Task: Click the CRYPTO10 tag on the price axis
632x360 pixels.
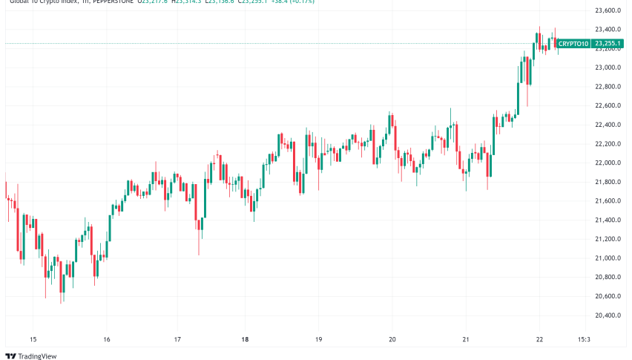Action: pyautogui.click(x=573, y=44)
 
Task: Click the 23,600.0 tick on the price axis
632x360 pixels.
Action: pyautogui.click(x=608, y=11)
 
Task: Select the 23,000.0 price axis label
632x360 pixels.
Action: pyautogui.click(x=608, y=68)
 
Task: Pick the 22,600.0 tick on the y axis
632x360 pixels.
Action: pyautogui.click(x=608, y=106)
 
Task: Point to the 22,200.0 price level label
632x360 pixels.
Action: pyautogui.click(x=608, y=144)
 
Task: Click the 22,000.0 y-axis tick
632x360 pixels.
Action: pyautogui.click(x=608, y=163)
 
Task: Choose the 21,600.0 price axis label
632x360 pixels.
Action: pyautogui.click(x=608, y=201)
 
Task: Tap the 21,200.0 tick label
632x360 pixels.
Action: pyautogui.click(x=608, y=239)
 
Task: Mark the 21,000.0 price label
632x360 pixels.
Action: pyautogui.click(x=608, y=258)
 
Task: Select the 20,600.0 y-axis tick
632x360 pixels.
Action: pyautogui.click(x=608, y=296)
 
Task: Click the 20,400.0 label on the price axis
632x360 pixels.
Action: pyautogui.click(x=608, y=315)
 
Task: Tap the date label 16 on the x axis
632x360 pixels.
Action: pyautogui.click(x=107, y=339)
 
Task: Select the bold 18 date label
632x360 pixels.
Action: pyautogui.click(x=245, y=339)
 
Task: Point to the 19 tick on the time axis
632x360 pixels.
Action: pyautogui.click(x=318, y=339)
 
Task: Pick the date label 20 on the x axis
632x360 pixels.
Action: pyautogui.click(x=392, y=339)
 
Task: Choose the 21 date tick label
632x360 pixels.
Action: pyautogui.click(x=465, y=339)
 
